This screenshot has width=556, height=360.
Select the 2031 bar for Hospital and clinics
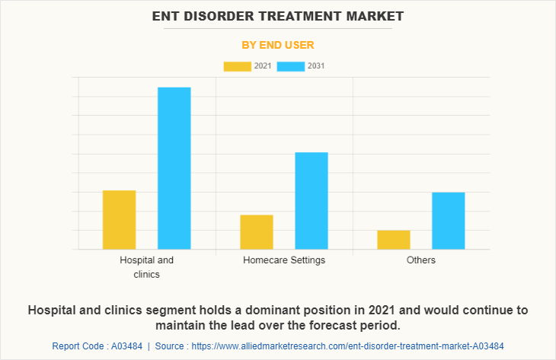pos(174,168)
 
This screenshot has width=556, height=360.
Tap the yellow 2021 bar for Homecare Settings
pos(257,231)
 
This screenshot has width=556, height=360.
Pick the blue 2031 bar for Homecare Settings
pos(312,201)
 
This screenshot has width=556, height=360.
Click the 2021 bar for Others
pos(394,239)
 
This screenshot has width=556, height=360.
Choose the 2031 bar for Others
pos(449,221)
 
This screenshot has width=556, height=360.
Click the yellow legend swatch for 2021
pos(238,66)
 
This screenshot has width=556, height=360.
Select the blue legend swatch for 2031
pos(291,66)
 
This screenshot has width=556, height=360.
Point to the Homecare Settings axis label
pos(284,260)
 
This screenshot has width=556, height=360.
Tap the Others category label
pos(421,260)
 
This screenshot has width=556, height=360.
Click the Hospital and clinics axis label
pos(147,266)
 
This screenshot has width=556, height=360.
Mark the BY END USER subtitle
pos(278,45)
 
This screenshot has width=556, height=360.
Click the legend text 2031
pos(316,66)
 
